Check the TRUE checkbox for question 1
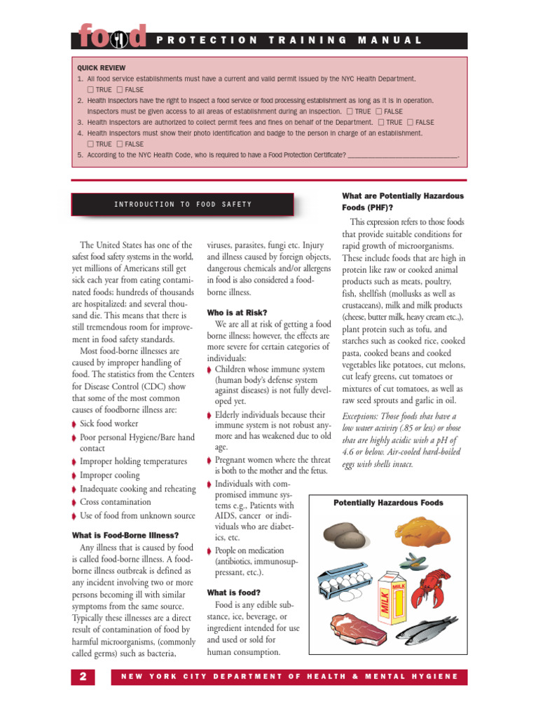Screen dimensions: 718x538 91,90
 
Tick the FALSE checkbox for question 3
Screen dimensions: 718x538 411,122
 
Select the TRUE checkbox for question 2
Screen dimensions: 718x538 350,111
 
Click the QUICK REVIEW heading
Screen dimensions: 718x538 102,68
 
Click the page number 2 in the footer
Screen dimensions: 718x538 83,677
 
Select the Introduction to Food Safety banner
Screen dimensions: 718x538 182,204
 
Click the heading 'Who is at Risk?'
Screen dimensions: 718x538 237,312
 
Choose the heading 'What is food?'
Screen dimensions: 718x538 233,592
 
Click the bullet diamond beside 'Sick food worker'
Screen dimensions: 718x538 75,424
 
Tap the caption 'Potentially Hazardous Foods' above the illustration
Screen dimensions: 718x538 388,503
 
